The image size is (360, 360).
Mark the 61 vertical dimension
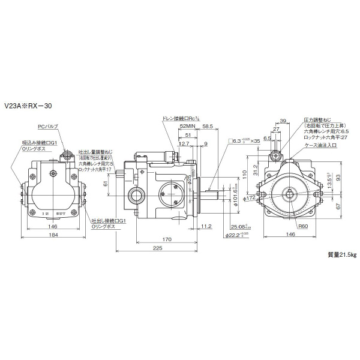(106, 185)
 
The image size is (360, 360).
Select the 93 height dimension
(339, 177)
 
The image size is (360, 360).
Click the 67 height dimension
(339, 206)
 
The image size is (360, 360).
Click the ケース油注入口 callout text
(321, 145)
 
